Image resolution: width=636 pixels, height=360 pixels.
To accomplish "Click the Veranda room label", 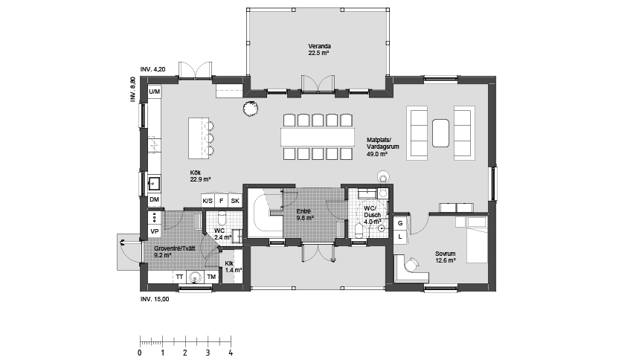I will (x=319, y=50).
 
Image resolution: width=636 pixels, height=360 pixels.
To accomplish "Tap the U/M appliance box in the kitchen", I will (x=154, y=91).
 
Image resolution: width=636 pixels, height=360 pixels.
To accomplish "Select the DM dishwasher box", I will (x=154, y=201).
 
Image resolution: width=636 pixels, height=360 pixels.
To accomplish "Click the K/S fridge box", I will (x=208, y=201).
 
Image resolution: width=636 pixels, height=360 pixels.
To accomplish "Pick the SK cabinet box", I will (x=234, y=201).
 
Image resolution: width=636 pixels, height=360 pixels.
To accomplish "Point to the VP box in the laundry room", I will (x=154, y=231).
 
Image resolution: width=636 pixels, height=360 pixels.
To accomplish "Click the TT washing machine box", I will (x=179, y=277).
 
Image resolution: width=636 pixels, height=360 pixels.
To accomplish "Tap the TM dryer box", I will (x=211, y=277).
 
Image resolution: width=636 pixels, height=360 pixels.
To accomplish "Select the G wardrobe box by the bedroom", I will (x=399, y=223).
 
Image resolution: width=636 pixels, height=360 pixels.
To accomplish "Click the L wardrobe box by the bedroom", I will (x=399, y=237).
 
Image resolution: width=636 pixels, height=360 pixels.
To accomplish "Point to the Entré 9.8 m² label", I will (x=303, y=215).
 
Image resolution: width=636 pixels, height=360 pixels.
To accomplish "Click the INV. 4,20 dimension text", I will (x=155, y=68).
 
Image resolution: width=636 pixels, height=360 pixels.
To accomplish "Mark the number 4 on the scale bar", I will (x=231, y=352).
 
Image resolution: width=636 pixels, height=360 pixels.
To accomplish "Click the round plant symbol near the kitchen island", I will (x=250, y=109).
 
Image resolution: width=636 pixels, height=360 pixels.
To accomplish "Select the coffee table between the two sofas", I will (x=441, y=132).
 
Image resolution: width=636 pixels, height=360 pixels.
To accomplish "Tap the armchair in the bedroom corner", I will (x=409, y=268).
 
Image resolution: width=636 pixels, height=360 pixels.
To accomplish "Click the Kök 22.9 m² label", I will (x=200, y=176).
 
